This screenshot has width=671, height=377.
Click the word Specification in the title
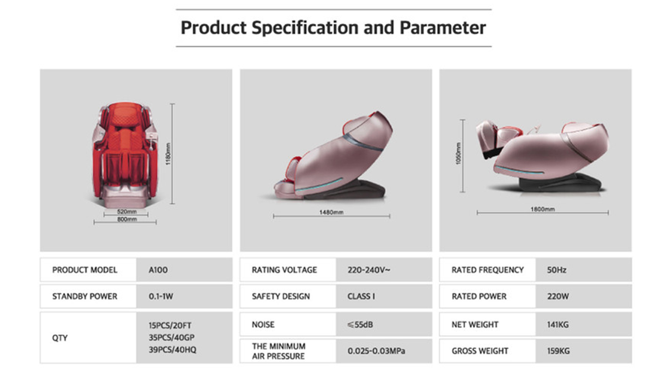[305, 28]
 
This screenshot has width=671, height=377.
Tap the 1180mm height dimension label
[168, 154]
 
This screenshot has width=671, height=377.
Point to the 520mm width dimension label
[127, 212]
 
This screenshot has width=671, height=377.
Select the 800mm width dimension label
[127, 219]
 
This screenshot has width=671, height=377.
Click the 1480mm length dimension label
[331, 212]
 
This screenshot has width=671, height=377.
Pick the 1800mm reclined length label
[543, 209]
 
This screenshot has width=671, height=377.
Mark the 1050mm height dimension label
[459, 153]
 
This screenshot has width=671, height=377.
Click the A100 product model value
[158, 270]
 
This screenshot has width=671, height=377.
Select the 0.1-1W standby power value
[161, 296]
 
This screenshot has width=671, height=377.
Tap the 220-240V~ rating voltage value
[369, 270]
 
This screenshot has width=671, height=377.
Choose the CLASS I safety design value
[361, 296]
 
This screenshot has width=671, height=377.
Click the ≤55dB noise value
[360, 325]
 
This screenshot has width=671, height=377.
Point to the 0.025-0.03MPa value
[376, 351]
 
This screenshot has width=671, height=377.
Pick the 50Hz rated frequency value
[556, 270]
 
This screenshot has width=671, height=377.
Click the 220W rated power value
[558, 296]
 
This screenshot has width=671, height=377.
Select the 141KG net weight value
[558, 325]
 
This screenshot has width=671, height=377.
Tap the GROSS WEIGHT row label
[480, 351]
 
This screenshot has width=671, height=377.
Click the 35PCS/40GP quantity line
[172, 338]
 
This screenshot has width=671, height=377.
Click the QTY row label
[60, 338]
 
